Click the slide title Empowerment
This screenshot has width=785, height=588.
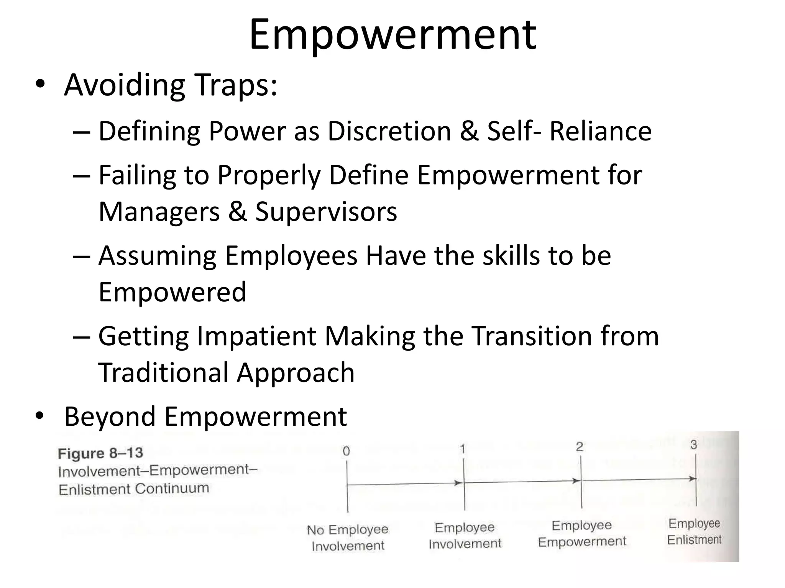point(392,35)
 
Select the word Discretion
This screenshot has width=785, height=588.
point(389,131)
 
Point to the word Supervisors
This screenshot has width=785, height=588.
point(326,212)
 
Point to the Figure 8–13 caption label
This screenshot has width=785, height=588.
point(100,454)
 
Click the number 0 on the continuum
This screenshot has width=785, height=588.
point(346,451)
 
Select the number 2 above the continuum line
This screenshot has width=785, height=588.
point(579,447)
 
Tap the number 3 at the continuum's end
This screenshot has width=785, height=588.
point(694,445)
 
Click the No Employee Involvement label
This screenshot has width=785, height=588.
point(348,537)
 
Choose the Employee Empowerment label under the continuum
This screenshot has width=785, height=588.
point(582,534)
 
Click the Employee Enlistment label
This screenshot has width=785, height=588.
point(694,531)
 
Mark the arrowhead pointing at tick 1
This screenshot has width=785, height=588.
point(458,483)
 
